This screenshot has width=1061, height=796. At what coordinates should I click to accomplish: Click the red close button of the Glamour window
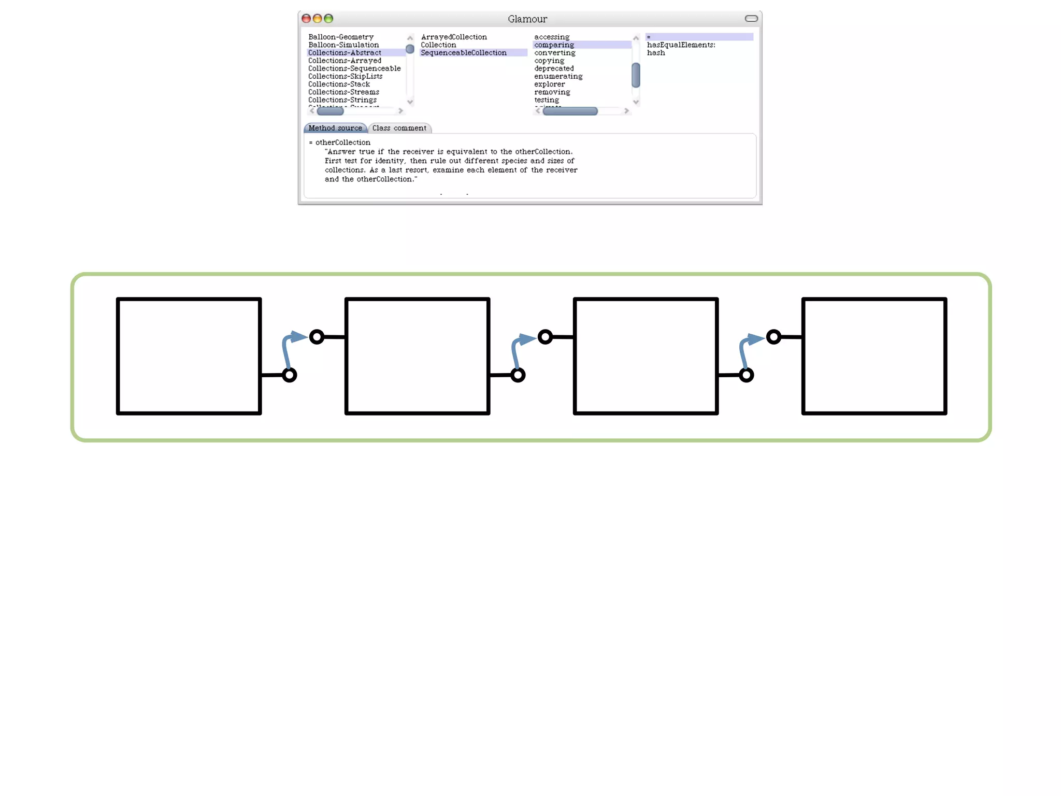tap(306, 19)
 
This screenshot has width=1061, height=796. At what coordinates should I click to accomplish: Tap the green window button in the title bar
tap(328, 19)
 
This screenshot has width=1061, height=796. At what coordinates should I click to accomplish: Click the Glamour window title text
tap(527, 19)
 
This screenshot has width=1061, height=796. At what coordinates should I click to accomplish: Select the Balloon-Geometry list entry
tap(341, 37)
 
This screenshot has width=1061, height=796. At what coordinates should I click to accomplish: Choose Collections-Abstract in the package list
tap(345, 53)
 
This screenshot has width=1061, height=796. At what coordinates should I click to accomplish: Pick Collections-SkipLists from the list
tap(345, 76)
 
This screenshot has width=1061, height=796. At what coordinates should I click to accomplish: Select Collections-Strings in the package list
tap(342, 100)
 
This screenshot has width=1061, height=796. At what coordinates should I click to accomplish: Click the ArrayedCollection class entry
tap(454, 37)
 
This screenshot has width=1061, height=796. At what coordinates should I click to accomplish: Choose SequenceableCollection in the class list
tap(464, 53)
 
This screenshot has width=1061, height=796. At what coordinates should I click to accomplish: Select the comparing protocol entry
tap(554, 45)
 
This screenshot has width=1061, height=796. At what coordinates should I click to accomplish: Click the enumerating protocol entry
tap(558, 76)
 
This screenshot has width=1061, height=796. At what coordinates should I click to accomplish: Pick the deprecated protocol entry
tap(554, 68)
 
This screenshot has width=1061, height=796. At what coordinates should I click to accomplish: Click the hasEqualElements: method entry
tap(681, 45)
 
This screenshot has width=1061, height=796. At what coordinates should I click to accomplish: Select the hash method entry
tap(656, 53)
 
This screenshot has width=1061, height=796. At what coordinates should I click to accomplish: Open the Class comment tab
tap(399, 128)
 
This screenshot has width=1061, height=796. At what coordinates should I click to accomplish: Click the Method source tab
tap(335, 128)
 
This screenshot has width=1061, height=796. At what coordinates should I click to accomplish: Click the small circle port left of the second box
tap(317, 337)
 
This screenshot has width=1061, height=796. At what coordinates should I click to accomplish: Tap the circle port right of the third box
tap(746, 375)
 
